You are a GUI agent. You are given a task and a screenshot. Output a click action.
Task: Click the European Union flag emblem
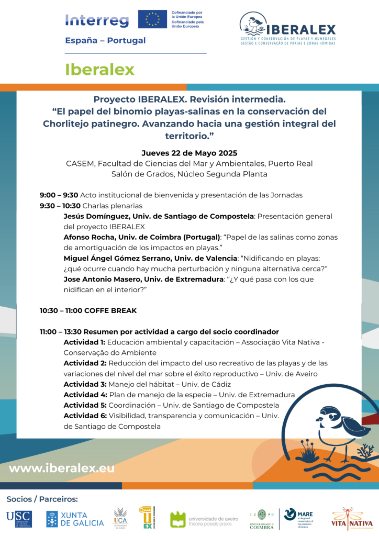pos(153,19)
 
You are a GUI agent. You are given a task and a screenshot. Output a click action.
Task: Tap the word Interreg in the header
pos(97,20)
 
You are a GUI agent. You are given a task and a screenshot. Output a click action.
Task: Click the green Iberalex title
pos(99,69)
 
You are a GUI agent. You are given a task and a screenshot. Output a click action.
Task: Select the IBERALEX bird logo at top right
pos(288,28)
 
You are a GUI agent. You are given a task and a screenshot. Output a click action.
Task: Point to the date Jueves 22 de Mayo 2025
pos(189,153)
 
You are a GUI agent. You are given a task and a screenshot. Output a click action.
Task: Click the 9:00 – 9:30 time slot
pos(59,195)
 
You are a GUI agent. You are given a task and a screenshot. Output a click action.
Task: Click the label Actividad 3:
pos(85,384)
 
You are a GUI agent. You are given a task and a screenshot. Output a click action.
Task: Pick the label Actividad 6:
pos(85,416)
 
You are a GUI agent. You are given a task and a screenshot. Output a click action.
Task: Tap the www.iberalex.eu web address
pos(62,468)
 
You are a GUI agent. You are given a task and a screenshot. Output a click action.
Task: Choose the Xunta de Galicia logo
pos(68,519)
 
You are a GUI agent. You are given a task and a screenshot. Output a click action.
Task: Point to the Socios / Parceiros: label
pos(42,499)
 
